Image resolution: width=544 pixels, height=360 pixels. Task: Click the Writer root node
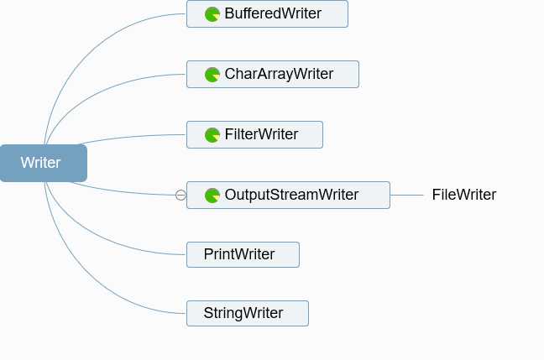[44, 163]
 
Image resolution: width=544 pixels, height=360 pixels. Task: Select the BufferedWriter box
[267, 14]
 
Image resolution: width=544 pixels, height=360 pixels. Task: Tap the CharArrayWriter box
[273, 74]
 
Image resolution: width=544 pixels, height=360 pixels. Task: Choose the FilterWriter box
[254, 134]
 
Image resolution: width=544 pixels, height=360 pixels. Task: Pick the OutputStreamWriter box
[288, 195]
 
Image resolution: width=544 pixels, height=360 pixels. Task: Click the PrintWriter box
[243, 254]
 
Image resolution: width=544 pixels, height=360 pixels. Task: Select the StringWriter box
[248, 313]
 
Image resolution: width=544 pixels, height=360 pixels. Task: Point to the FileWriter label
[464, 195]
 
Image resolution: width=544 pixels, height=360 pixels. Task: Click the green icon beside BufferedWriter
[212, 14]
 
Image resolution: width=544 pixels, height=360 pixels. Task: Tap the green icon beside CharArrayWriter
[212, 75]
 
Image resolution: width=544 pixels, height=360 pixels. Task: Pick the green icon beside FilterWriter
[212, 135]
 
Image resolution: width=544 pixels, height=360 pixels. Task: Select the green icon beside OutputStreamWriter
[212, 196]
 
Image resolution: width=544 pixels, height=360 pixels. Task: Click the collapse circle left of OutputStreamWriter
[180, 196]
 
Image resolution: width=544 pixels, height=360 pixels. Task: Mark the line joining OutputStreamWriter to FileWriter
[407, 196]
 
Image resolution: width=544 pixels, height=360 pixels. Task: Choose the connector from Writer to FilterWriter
[132, 136]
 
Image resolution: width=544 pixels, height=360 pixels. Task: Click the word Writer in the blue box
[40, 163]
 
